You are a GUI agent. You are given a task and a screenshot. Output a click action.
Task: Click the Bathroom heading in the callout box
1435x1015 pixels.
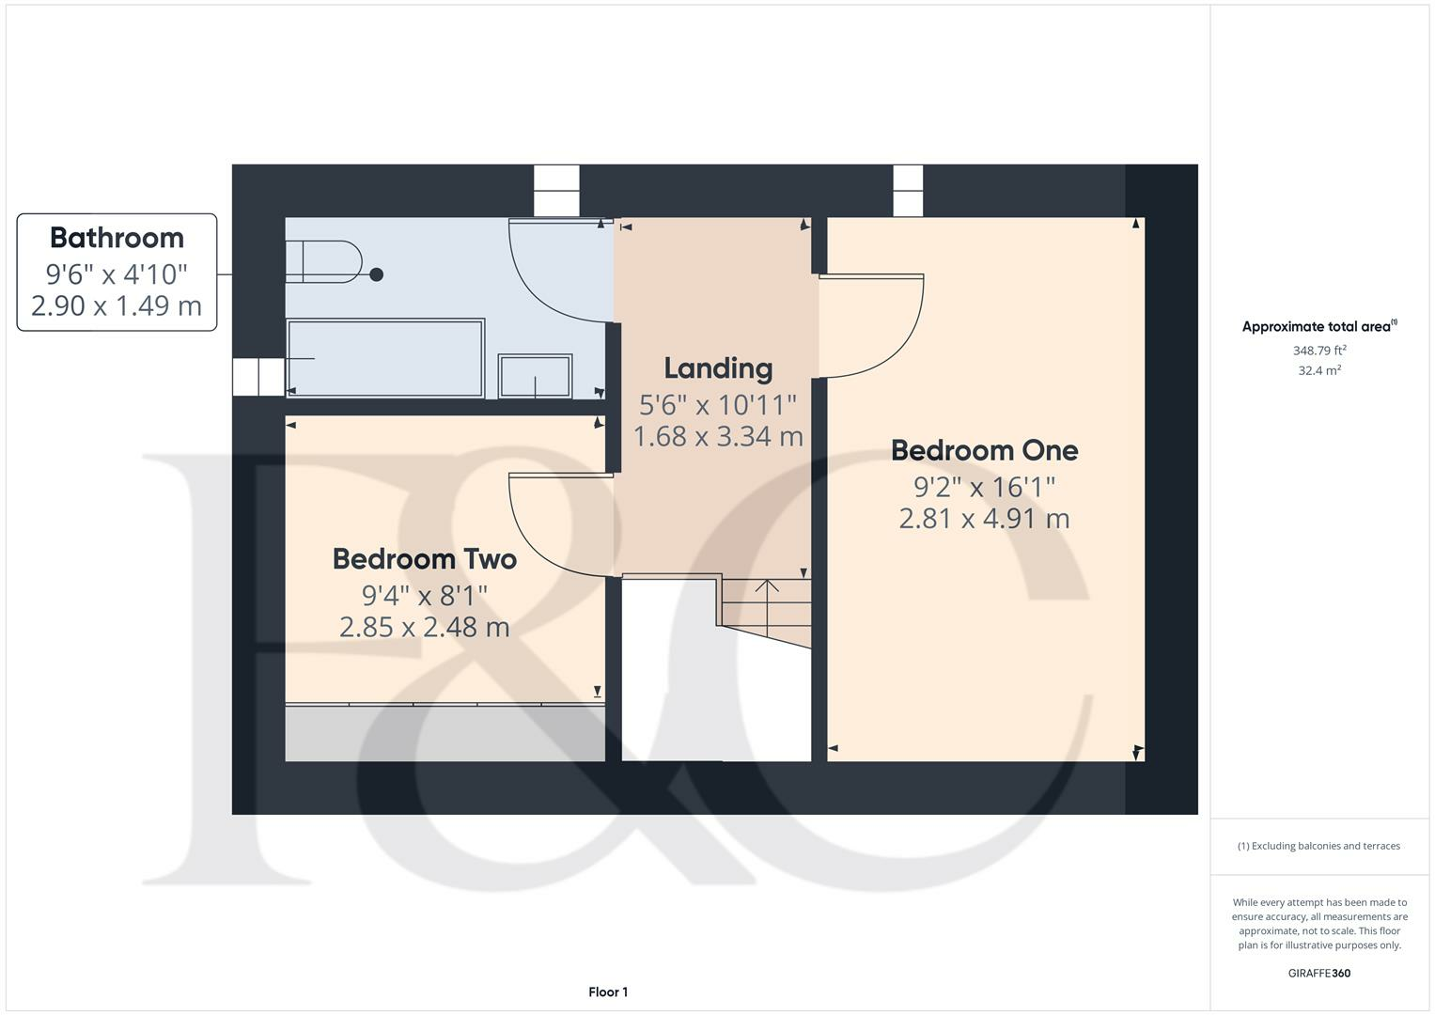[117, 238]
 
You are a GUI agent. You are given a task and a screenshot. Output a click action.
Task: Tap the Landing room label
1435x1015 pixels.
[718, 368]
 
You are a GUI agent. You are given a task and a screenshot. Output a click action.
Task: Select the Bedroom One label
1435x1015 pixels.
[984, 450]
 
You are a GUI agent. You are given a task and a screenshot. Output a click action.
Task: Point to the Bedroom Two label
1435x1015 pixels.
[425, 559]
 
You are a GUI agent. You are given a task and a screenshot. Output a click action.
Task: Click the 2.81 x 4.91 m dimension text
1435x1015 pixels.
[984, 519]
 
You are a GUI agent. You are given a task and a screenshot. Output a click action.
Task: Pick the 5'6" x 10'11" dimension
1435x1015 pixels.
[718, 405]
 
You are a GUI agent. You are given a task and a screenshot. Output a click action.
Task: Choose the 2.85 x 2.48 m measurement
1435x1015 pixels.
[425, 627]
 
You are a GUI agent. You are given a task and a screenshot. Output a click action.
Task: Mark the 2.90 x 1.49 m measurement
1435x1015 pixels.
[117, 306]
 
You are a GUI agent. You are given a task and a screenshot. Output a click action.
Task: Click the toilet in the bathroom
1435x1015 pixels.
[324, 261]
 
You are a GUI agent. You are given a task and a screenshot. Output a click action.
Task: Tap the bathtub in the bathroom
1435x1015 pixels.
[385, 357]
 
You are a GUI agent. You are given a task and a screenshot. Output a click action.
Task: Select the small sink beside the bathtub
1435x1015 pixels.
[535, 376]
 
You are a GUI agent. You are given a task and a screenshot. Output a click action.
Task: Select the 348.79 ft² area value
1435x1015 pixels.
[1319, 351]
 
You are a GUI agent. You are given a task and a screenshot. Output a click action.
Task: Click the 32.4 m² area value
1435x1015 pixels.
[1319, 370]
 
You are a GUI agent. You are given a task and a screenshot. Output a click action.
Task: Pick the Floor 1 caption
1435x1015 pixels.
[608, 992]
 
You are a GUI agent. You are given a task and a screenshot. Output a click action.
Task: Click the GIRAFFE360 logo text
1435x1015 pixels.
[1318, 973]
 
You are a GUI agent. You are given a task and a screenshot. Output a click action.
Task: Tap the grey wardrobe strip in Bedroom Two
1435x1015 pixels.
[445, 733]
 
